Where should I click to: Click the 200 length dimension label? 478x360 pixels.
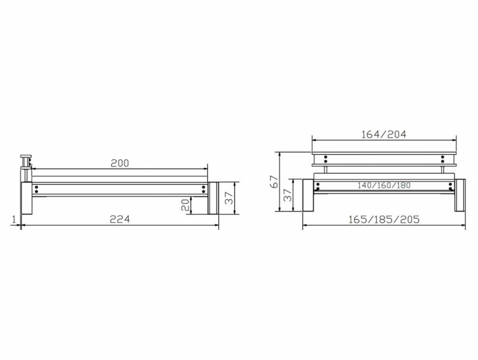coord(119,163)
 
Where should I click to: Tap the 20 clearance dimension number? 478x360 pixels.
coord(185,205)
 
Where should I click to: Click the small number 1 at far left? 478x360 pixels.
coord(13,219)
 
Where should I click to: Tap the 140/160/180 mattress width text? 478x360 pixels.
coord(383,185)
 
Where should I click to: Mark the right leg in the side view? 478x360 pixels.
coord(212,198)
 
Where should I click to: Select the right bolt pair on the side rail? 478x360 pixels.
coord(204,190)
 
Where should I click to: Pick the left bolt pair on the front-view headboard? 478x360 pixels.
coord(325,158)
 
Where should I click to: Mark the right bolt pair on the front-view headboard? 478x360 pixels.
coord(443,158)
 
